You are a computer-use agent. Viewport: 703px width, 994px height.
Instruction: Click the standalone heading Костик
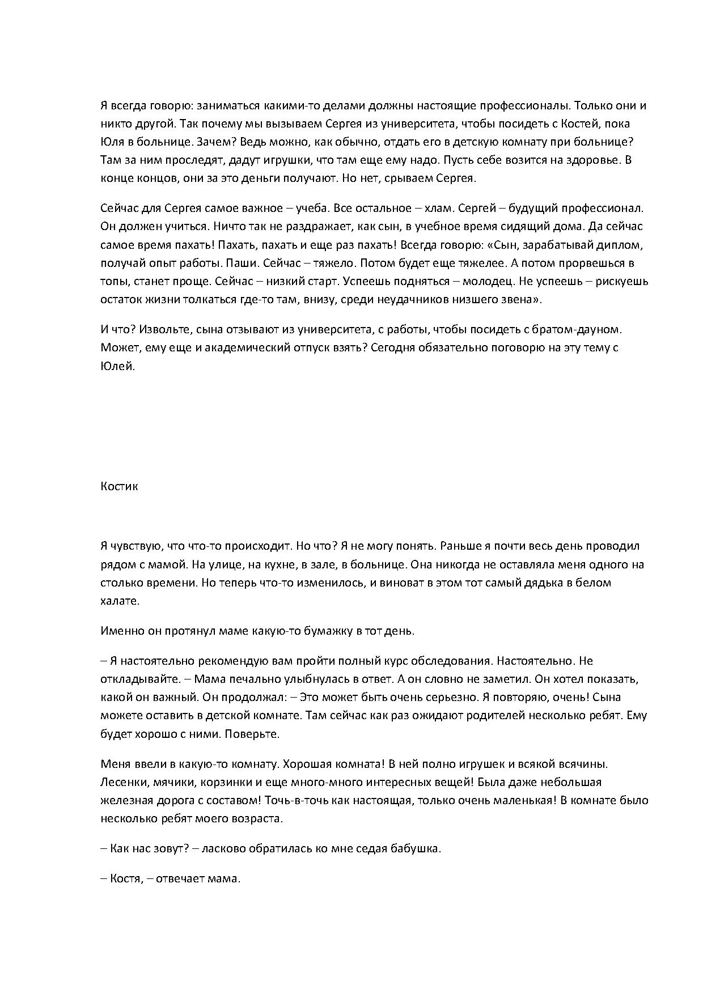click(119, 486)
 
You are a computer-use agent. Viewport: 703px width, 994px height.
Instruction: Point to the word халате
click(120, 601)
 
